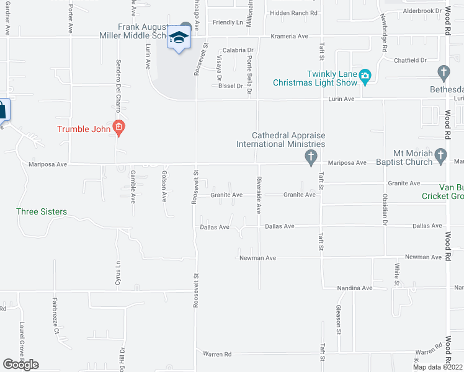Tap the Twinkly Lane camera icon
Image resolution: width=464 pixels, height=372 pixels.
point(365,76)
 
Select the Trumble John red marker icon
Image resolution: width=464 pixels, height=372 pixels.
point(119,129)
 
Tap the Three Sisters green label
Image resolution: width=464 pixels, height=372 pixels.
point(41,211)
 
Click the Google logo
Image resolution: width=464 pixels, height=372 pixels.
point(20,365)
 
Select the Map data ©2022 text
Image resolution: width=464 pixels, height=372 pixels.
point(438,367)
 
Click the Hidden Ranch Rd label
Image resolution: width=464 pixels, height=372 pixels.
point(294,12)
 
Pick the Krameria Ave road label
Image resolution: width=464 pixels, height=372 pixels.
point(290,37)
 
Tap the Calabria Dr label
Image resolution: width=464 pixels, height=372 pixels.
point(239,50)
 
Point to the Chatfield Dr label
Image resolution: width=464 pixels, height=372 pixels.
point(411,60)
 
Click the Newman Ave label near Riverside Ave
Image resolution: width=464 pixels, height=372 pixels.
point(257,257)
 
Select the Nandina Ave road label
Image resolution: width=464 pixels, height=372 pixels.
point(355,288)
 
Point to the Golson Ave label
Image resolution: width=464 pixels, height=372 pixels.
point(164,187)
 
